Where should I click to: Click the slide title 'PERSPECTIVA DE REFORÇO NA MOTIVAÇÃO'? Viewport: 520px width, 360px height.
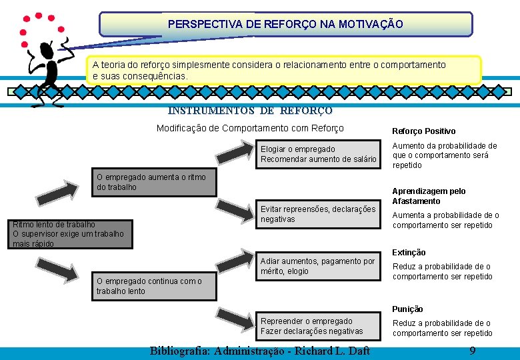285,24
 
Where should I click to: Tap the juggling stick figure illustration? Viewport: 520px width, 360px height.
45,60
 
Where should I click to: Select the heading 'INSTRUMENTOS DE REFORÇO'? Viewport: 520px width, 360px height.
250,111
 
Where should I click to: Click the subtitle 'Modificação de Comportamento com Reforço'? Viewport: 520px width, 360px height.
250,128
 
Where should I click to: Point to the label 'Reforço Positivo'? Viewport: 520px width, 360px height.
423,131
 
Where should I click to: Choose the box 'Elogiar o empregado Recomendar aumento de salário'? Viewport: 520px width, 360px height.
318,154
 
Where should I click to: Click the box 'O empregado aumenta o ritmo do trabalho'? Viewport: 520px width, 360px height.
154,182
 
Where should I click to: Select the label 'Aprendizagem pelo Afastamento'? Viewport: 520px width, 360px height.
429,196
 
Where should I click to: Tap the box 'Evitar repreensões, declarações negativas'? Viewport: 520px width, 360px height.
318,214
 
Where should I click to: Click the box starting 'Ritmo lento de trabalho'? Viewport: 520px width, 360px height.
69,234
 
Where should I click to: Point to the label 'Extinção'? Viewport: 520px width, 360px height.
409,253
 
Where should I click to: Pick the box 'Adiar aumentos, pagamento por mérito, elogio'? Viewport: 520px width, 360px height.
318,266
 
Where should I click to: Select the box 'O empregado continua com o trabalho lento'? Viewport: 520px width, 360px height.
154,286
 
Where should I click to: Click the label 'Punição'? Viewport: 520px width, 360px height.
407,309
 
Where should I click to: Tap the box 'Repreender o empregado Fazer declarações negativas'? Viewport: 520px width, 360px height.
318,326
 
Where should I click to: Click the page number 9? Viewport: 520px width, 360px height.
472,351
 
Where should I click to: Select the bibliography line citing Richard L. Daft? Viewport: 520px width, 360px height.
259,351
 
